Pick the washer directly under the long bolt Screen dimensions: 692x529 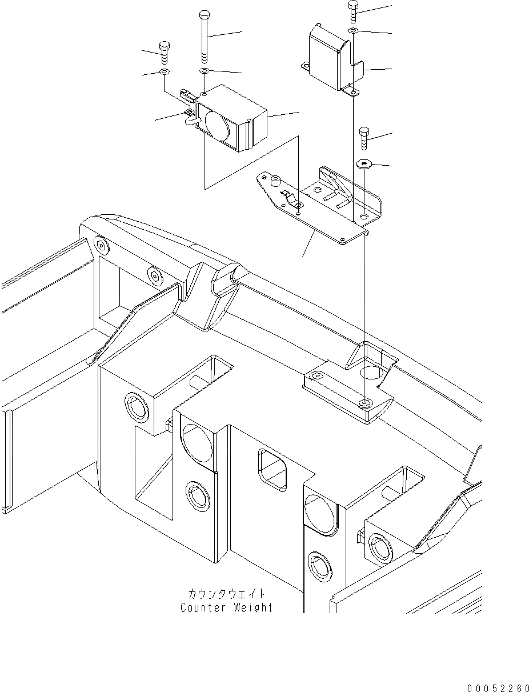point(205,71)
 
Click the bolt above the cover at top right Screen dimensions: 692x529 point(353,10)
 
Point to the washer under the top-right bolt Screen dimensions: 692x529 point(354,30)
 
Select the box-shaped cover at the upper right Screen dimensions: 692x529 point(328,57)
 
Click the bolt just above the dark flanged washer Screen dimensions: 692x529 point(364,138)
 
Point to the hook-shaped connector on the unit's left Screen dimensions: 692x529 point(190,117)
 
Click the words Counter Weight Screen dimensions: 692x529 point(226,607)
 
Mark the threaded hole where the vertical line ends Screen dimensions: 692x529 point(364,404)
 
